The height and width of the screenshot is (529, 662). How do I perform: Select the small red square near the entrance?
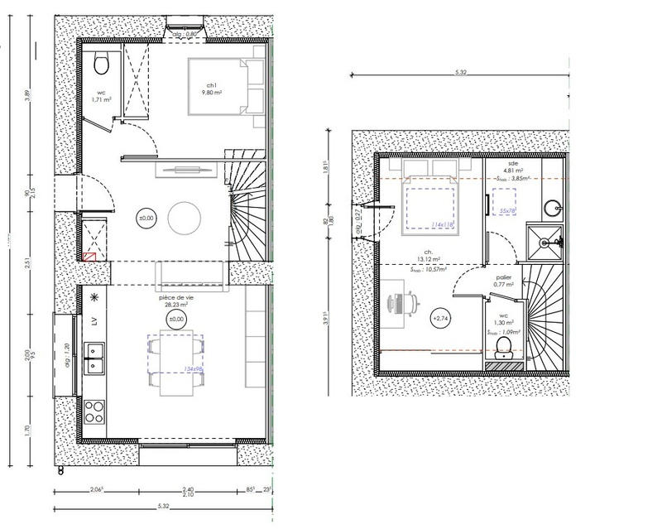89,256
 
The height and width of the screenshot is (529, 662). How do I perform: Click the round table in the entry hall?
185,219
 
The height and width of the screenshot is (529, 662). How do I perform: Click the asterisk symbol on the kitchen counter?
94,296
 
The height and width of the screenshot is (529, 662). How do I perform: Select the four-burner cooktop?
94,411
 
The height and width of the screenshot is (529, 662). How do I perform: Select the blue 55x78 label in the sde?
508,211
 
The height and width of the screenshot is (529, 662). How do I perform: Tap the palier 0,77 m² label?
504,281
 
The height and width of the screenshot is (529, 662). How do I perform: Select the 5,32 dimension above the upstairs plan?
460,73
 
